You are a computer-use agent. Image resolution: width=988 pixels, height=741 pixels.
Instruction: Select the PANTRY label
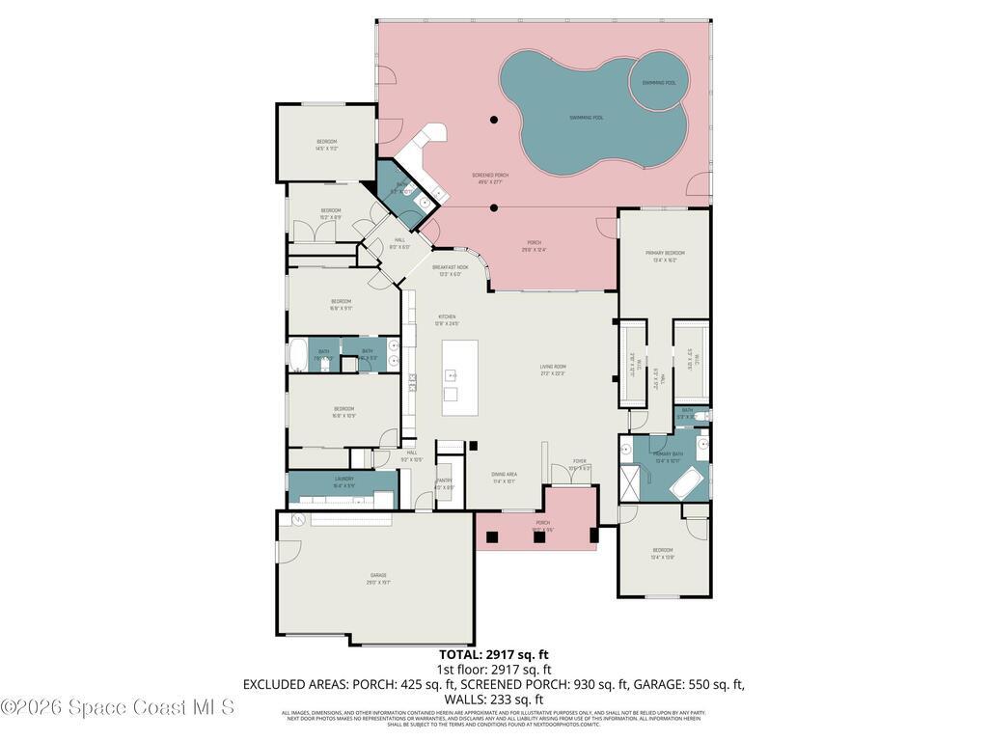coord(444,482)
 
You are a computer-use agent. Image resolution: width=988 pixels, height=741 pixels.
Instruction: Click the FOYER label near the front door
coord(579,464)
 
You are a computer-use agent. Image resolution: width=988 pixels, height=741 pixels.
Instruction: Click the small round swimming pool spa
coord(659,83)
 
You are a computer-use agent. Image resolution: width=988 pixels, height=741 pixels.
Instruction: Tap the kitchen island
coord(460,377)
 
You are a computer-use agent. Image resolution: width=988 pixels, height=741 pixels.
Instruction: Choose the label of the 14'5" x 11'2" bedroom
coord(326,145)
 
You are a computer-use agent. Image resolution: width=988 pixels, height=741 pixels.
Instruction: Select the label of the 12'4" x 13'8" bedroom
coord(662,553)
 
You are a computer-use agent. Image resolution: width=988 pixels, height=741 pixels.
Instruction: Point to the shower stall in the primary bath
coord(629,482)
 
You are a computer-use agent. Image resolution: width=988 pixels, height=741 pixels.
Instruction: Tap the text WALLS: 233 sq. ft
coord(494,700)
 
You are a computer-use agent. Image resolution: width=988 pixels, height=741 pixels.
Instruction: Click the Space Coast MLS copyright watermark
coord(118,707)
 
